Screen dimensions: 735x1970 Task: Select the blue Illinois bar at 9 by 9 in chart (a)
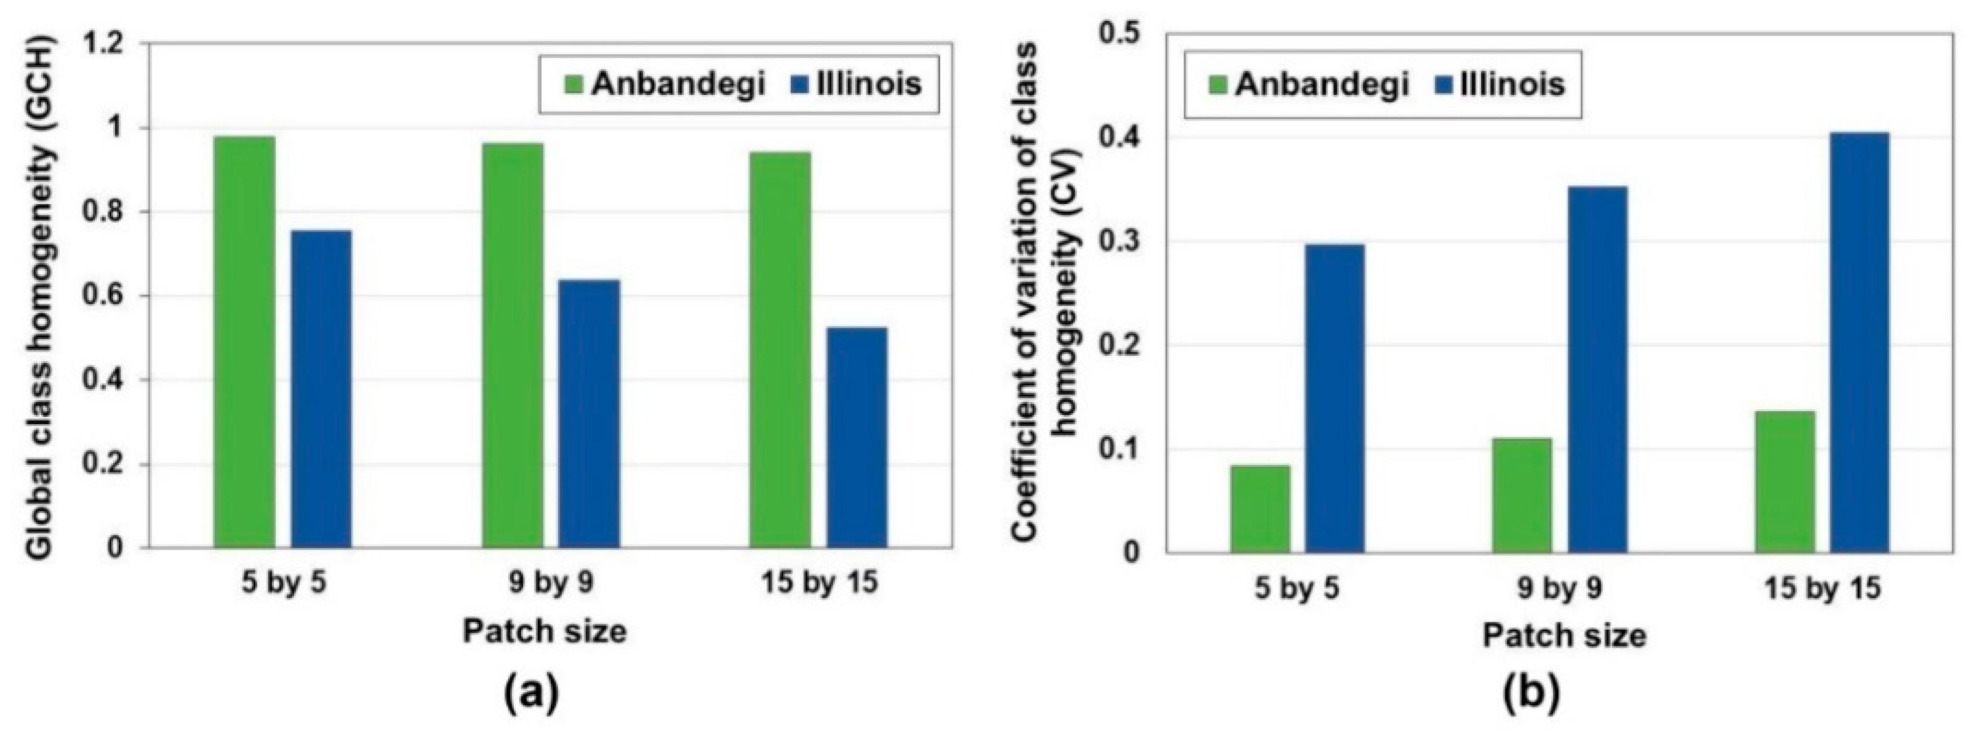[588, 414]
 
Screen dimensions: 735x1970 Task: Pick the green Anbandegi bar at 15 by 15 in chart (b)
[1784, 481]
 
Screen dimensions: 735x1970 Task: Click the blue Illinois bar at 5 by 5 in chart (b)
[1334, 398]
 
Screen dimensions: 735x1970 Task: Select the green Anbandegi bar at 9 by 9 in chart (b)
[1521, 495]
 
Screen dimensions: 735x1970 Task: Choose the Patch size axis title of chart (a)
[545, 631]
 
